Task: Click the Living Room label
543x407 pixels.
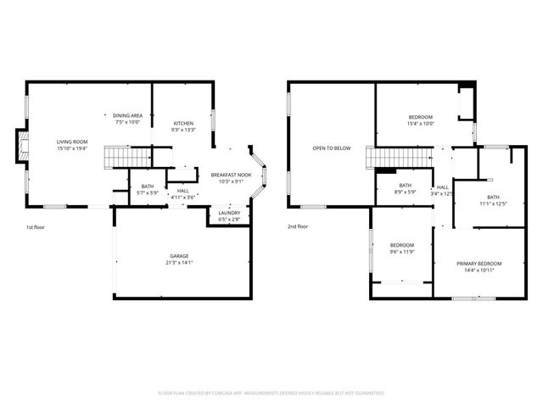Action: tap(72, 145)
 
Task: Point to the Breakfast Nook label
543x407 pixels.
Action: tap(227, 178)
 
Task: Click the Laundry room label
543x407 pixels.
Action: tap(229, 216)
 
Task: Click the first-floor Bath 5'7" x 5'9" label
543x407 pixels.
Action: tap(148, 189)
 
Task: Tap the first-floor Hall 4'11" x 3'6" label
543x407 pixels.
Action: tap(183, 194)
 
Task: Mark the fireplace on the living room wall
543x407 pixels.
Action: tap(20, 148)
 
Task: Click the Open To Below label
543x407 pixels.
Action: tap(331, 148)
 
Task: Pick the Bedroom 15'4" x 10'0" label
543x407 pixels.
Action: tap(421, 120)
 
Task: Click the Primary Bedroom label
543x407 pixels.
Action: tap(479, 266)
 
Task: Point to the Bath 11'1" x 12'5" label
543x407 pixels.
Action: tap(493, 200)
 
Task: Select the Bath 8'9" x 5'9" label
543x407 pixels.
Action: tap(405, 188)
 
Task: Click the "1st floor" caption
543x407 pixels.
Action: tap(36, 226)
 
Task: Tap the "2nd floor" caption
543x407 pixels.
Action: tap(298, 226)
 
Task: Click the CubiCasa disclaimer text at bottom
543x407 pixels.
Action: tap(271, 393)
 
